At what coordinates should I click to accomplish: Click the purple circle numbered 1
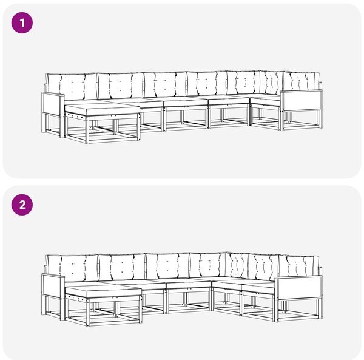pyautogui.click(x=22, y=22)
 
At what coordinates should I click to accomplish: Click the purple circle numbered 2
pyautogui.click(x=22, y=205)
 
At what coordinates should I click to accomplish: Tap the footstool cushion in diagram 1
pyautogui.click(x=103, y=109)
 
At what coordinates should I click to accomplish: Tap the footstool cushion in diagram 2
pyautogui.click(x=104, y=291)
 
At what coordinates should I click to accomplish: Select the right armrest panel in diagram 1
pyautogui.click(x=302, y=101)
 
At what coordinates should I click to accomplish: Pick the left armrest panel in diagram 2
pyautogui.click(x=52, y=286)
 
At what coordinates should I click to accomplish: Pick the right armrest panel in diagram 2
pyautogui.click(x=298, y=288)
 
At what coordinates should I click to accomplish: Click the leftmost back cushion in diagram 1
pyautogui.click(x=72, y=87)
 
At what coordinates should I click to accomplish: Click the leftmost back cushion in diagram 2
pyautogui.click(x=73, y=268)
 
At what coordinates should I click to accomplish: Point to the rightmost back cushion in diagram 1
pyautogui.click(x=302, y=82)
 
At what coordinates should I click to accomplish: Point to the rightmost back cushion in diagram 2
pyautogui.click(x=300, y=265)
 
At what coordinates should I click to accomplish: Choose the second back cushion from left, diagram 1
pyautogui.click(x=121, y=86)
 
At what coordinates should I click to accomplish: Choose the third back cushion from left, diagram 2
pyautogui.click(x=168, y=267)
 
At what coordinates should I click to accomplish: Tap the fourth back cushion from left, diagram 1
pyautogui.click(x=207, y=84)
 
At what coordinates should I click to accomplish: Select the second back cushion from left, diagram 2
pyautogui.click(x=123, y=268)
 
